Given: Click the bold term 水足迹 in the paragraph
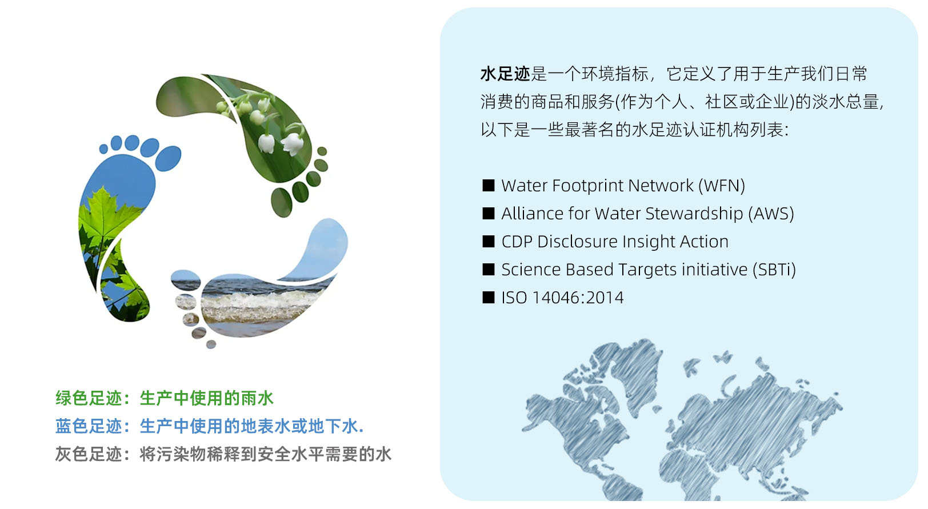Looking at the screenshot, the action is click(x=505, y=74).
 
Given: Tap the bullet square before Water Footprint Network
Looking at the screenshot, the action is click(x=489, y=185).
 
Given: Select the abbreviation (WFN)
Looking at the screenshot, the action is click(x=722, y=186).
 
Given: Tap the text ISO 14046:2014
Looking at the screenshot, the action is click(x=562, y=298).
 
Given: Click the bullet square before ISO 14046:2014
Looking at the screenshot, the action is click(x=489, y=298).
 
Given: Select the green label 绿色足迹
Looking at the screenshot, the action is click(x=89, y=398).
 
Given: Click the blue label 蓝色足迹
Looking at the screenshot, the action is click(x=89, y=426).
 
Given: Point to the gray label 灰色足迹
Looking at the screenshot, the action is click(x=89, y=454).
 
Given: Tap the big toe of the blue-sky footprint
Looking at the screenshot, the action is click(x=168, y=158).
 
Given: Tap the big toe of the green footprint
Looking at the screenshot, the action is click(x=282, y=203).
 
